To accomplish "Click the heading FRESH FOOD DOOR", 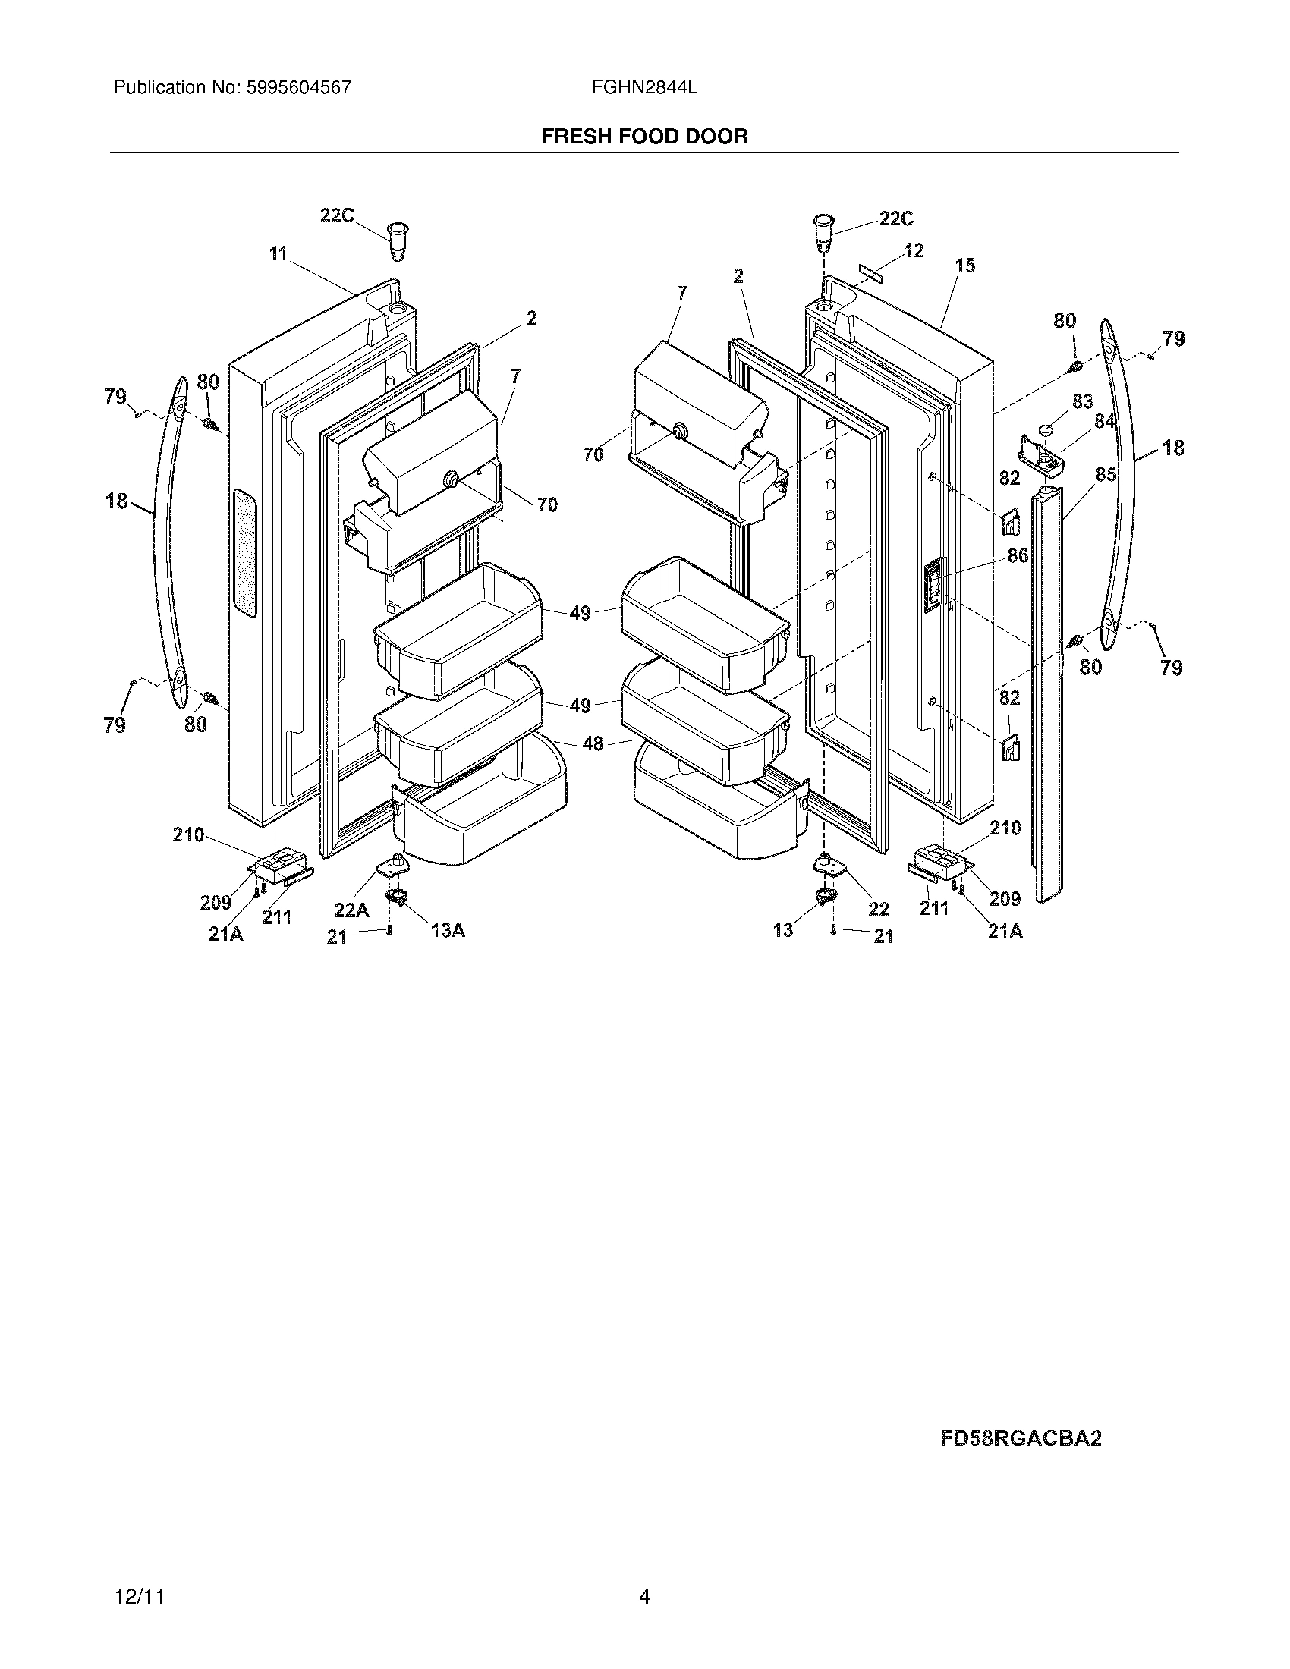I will [x=644, y=137].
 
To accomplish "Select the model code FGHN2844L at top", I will [x=643, y=88].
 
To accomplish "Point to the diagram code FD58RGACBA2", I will [x=1020, y=1439].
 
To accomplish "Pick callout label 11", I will [x=278, y=253].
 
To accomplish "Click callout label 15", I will [x=965, y=266].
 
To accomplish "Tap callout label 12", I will [x=913, y=250].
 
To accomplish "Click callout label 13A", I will [x=448, y=930].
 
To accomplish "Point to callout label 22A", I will [x=351, y=910].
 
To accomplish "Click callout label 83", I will [x=1082, y=402].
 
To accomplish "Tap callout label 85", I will [x=1105, y=475].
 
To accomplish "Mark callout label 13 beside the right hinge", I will [x=783, y=930].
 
